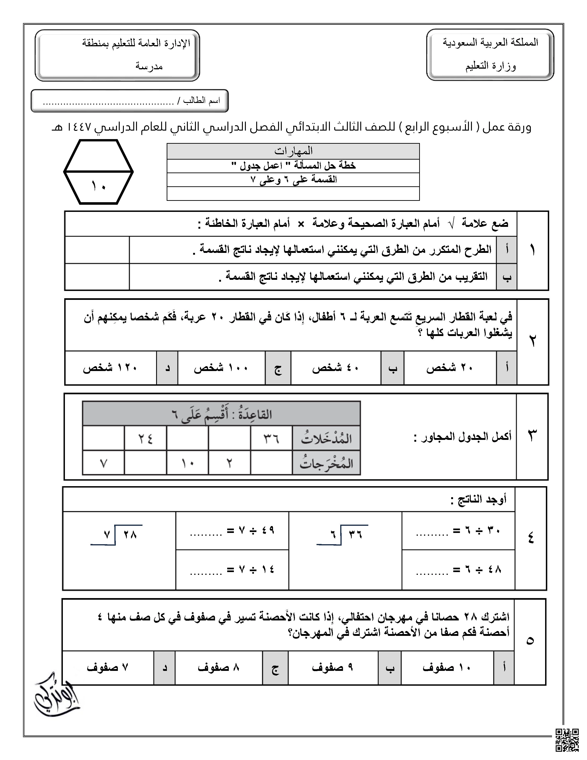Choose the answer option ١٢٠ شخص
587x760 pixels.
110,368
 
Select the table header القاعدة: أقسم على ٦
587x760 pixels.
221,414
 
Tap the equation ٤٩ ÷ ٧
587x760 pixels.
232,531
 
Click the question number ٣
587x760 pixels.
532,436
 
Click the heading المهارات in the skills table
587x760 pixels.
293,151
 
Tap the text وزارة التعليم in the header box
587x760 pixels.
490,66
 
